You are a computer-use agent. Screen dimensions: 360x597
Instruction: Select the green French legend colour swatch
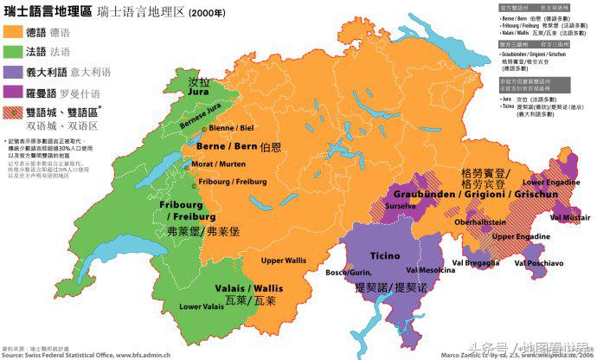tap(13, 52)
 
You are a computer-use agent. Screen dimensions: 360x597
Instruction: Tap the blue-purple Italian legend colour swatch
tap(13, 72)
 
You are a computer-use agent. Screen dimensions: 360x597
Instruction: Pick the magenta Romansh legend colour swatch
tap(13, 92)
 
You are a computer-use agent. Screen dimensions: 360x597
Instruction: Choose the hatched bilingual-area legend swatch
tap(13, 112)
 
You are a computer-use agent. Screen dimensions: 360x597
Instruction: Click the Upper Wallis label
tap(285, 260)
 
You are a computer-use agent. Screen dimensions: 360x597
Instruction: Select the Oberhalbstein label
tap(467, 222)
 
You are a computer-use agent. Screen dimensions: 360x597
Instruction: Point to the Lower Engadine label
tap(547, 183)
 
